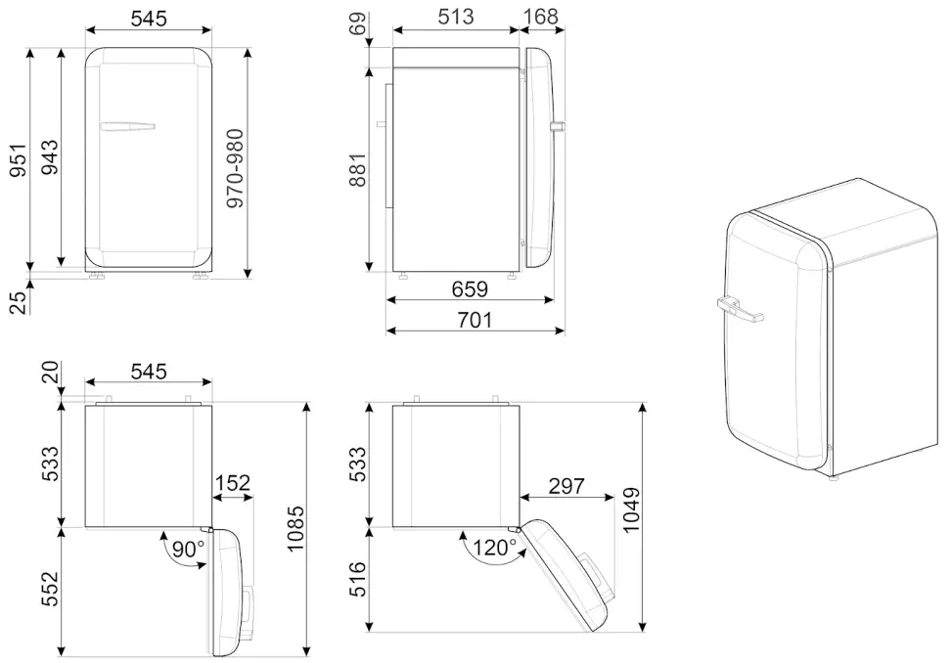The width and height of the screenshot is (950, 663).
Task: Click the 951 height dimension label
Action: click(x=19, y=159)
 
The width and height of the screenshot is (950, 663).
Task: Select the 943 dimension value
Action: click(x=50, y=157)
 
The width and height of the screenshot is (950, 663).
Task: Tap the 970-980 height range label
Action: click(x=235, y=168)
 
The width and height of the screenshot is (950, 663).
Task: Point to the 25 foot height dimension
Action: click(x=19, y=302)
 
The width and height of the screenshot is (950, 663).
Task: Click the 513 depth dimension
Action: click(x=456, y=17)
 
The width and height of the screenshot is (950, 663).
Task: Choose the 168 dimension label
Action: click(x=540, y=17)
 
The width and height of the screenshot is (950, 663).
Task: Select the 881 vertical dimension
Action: click(x=357, y=170)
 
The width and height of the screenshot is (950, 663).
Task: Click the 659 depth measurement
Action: click(x=470, y=288)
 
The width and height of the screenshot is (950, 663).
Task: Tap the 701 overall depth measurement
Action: click(x=475, y=320)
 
